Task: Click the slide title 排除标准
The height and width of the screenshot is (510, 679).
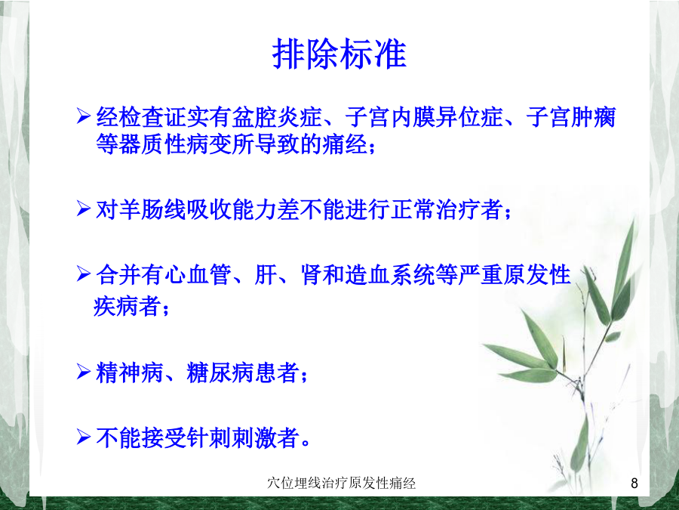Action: tap(339, 54)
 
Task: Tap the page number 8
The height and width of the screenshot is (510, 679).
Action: tap(634, 483)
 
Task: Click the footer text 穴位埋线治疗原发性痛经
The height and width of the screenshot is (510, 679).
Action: tap(341, 483)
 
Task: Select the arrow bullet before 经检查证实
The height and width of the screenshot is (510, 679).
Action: tap(83, 116)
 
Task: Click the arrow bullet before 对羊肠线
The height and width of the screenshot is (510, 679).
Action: tap(83, 209)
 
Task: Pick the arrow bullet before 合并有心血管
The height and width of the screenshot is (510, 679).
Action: tap(83, 274)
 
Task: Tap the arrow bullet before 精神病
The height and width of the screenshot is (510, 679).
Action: tap(83, 372)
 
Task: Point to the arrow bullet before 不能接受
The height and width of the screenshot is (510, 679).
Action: tap(83, 437)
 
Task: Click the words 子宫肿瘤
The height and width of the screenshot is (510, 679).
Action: tap(571, 117)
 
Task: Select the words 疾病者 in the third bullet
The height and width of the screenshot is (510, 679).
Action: tap(127, 306)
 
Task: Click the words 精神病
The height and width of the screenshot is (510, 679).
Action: tap(129, 373)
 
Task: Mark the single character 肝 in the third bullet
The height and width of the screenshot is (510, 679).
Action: tap(265, 275)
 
